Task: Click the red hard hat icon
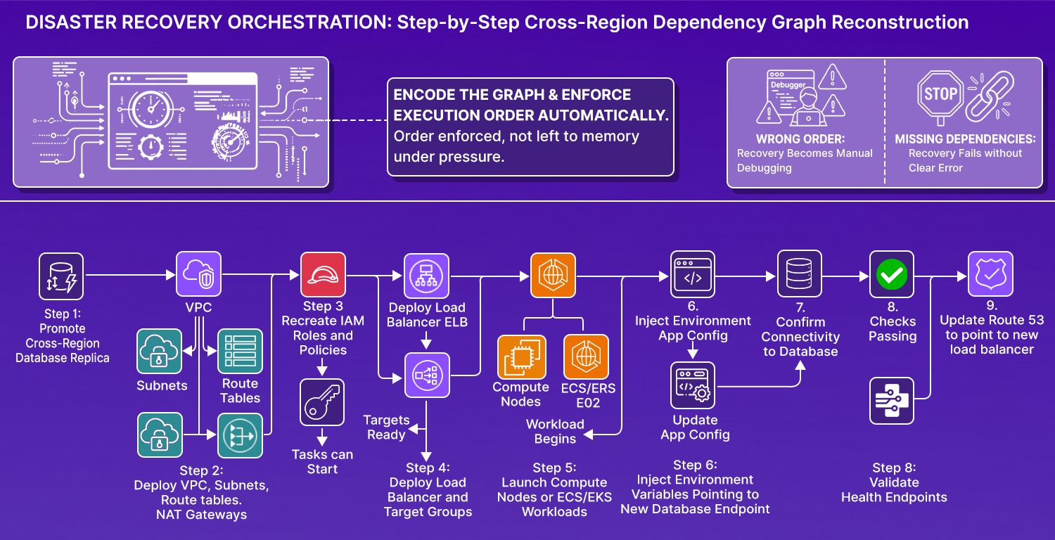click(x=323, y=274)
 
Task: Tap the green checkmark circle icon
click(x=893, y=274)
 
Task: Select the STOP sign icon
click(x=940, y=94)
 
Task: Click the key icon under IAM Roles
click(x=322, y=402)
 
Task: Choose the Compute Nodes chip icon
click(x=520, y=356)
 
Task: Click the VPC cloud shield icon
click(x=198, y=274)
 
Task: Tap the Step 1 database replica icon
click(x=61, y=276)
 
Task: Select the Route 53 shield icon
click(x=990, y=274)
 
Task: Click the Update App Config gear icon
click(x=693, y=385)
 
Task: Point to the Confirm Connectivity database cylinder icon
click(x=800, y=274)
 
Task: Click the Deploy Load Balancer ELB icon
click(x=426, y=276)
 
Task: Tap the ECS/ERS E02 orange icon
click(x=586, y=356)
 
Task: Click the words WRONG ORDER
click(x=800, y=139)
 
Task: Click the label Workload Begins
click(x=555, y=432)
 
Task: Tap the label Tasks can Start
click(x=322, y=462)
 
